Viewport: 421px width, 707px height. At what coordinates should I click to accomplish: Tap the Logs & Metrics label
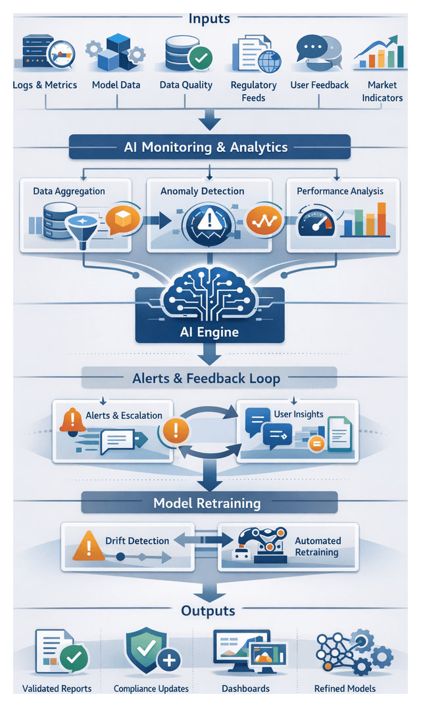pyautogui.click(x=45, y=85)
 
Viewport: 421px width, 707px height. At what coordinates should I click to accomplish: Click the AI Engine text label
pyautogui.click(x=209, y=332)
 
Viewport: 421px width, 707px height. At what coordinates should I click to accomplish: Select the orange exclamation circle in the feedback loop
pyautogui.click(x=176, y=431)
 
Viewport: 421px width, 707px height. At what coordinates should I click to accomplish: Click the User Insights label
pyautogui.click(x=299, y=414)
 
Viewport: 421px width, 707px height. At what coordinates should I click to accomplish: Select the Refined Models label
pyautogui.click(x=345, y=688)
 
